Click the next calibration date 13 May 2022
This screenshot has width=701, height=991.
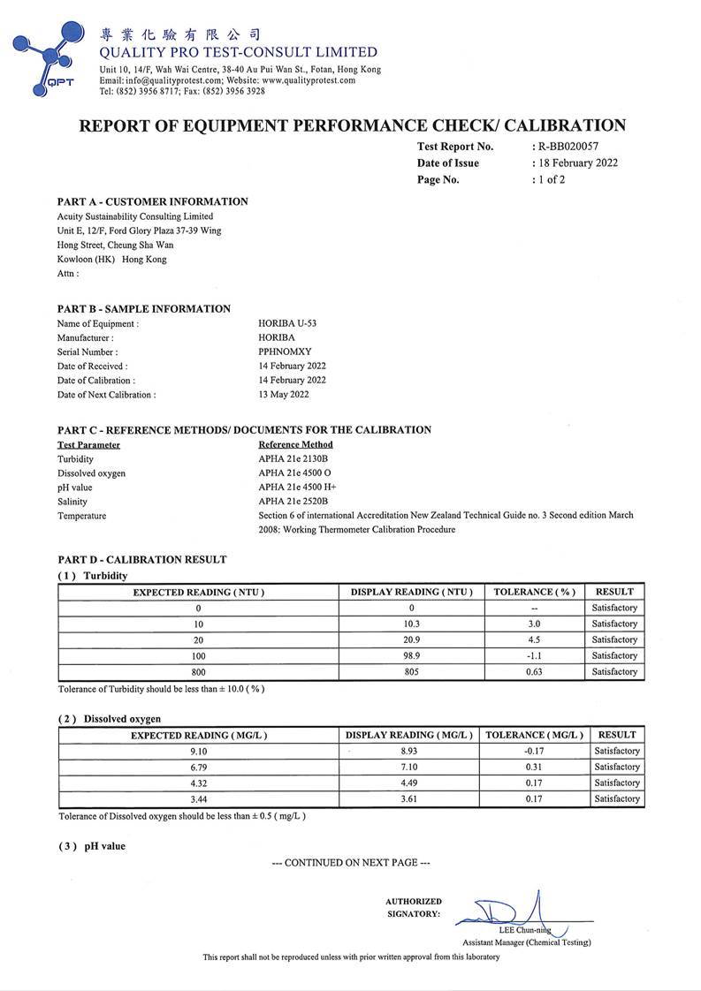(x=283, y=394)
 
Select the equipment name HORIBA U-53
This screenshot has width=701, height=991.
(x=287, y=323)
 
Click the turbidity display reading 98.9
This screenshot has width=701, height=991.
(x=412, y=655)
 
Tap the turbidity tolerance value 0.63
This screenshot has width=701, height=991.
(x=536, y=671)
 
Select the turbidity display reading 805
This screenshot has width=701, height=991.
(x=412, y=671)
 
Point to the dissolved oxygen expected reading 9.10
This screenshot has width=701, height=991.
(x=199, y=751)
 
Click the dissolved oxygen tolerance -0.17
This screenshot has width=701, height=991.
(x=534, y=751)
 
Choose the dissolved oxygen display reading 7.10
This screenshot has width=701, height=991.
(x=409, y=767)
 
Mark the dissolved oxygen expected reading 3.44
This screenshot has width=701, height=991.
(x=199, y=798)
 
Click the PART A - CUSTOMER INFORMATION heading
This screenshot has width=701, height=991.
(x=153, y=201)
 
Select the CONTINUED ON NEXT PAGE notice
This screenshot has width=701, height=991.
(x=351, y=862)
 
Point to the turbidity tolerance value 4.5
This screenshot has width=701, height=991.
(x=536, y=639)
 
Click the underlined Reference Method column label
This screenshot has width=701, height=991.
(x=295, y=444)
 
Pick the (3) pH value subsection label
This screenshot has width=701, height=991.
(x=93, y=846)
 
